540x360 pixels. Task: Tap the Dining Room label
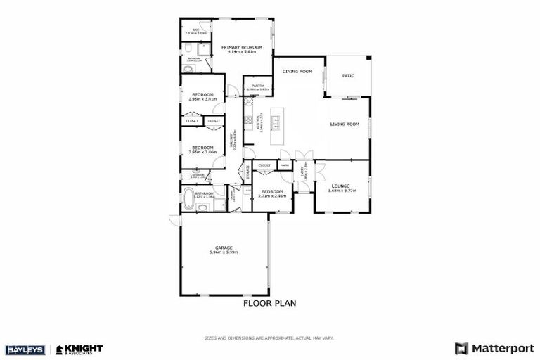(x=297, y=71)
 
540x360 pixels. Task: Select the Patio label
(x=348, y=75)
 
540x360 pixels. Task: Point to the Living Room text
(x=345, y=124)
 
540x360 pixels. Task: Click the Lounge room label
(x=340, y=186)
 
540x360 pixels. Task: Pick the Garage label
(x=224, y=247)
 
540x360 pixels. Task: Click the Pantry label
(x=257, y=86)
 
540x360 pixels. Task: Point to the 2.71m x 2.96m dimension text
(x=272, y=195)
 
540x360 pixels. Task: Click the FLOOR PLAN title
(x=269, y=304)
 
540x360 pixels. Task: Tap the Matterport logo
(x=495, y=348)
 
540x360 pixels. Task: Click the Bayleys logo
(x=25, y=349)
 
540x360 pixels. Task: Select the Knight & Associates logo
(x=79, y=349)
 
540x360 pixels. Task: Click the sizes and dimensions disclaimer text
(x=269, y=337)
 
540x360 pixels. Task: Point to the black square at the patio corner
(x=368, y=58)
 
